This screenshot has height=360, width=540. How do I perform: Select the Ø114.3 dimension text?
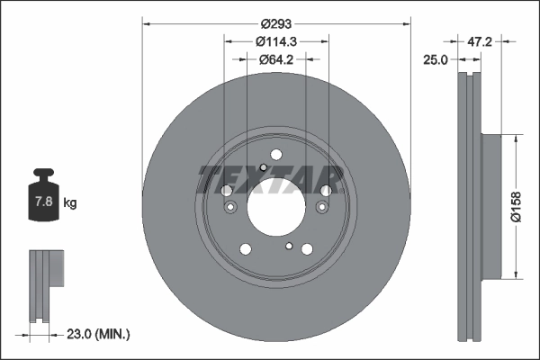[276, 40]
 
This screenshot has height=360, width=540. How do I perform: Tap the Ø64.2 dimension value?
[276, 59]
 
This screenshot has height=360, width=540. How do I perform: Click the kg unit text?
[70, 203]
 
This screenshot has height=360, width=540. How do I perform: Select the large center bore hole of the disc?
[276, 208]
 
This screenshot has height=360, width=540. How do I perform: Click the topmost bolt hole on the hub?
[276, 155]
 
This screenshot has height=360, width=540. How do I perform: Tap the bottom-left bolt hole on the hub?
[245, 249]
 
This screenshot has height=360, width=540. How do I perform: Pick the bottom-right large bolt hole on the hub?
[308, 249]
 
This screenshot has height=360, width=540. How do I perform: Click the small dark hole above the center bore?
[262, 167]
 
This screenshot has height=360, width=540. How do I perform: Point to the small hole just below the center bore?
[288, 246]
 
